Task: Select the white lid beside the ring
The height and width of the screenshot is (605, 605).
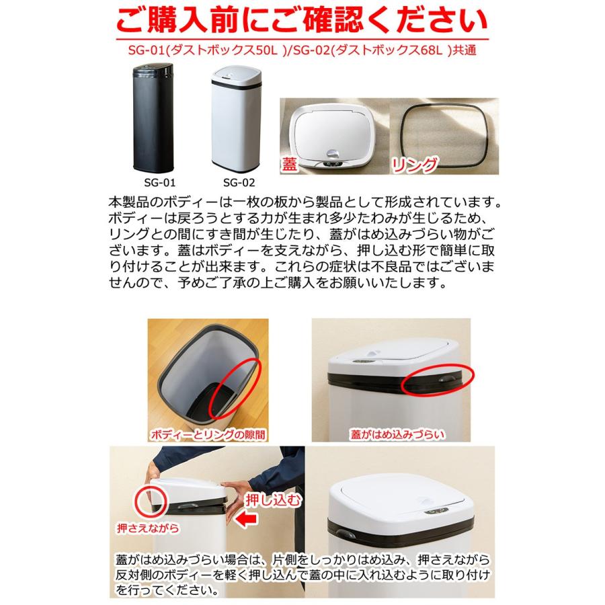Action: (x=327, y=131)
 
